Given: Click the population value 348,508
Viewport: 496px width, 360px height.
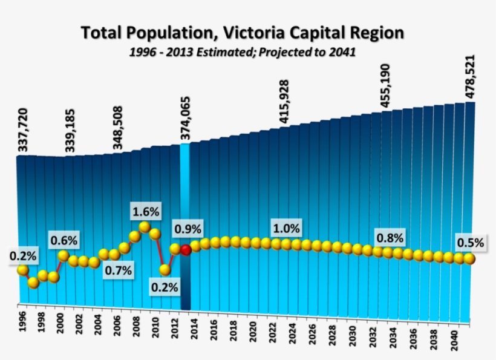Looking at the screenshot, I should coord(118,128).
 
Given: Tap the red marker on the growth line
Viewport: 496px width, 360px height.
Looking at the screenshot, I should coord(186,249).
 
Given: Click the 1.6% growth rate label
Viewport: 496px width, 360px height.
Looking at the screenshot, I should coord(145,212).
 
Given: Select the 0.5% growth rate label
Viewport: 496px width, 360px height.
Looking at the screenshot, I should coord(470,243).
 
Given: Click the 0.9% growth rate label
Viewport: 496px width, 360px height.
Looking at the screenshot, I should coord(188,230).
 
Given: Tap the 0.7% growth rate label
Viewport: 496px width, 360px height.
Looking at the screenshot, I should coord(118,270).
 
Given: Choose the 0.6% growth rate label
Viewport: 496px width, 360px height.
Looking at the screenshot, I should coord(64,240).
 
